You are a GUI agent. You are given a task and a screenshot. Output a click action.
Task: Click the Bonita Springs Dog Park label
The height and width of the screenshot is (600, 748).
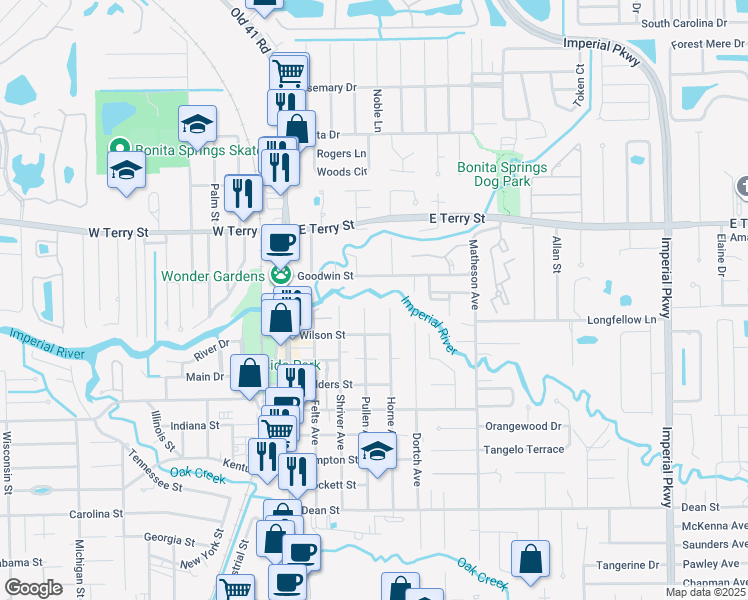pos(502,175)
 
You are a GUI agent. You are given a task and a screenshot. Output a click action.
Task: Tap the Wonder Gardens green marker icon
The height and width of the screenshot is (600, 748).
pos(281,275)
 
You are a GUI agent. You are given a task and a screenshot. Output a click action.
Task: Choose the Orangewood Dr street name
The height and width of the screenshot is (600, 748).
pos(524,425)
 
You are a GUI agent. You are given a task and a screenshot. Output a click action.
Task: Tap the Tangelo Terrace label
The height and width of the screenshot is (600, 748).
pos(524,450)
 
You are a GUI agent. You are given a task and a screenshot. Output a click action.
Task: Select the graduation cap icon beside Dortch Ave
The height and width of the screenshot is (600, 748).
pos(377,453)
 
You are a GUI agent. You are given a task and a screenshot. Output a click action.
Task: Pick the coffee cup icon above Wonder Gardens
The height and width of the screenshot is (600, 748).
pos(280,242)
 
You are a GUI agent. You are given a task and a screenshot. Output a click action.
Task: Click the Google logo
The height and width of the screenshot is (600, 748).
pos(33,588)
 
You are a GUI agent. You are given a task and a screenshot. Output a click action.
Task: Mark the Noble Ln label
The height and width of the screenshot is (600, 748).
pos(378,111)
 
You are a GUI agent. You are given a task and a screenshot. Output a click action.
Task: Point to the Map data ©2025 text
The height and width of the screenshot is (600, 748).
pos(705,592)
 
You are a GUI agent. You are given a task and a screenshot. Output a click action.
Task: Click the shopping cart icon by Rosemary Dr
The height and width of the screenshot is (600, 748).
pos(288,72)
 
